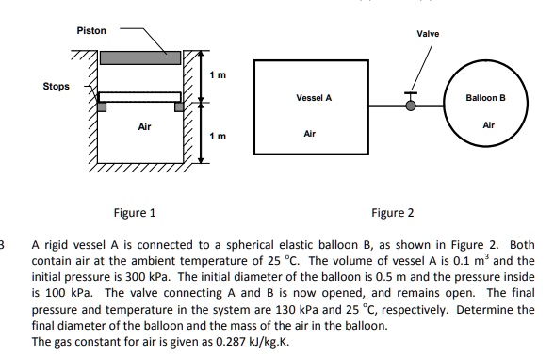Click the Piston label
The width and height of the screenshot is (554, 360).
pyautogui.click(x=91, y=32)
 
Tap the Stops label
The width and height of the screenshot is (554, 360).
pyautogui.click(x=56, y=86)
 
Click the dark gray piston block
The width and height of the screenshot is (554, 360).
pyautogui.click(x=140, y=57)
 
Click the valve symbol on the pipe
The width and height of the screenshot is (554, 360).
pyautogui.click(x=409, y=104)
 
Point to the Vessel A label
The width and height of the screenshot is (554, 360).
pyautogui.click(x=313, y=98)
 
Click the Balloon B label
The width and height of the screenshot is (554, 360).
pyautogui.click(x=486, y=98)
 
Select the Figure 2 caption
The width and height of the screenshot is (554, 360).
pyautogui.click(x=392, y=213)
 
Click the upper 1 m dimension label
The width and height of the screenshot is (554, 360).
pyautogui.click(x=217, y=74)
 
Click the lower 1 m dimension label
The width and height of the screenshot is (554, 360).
pyautogui.click(x=217, y=136)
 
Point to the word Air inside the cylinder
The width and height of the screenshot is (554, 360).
pyautogui.click(x=143, y=124)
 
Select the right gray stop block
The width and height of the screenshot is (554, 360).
pyautogui.click(x=175, y=107)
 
